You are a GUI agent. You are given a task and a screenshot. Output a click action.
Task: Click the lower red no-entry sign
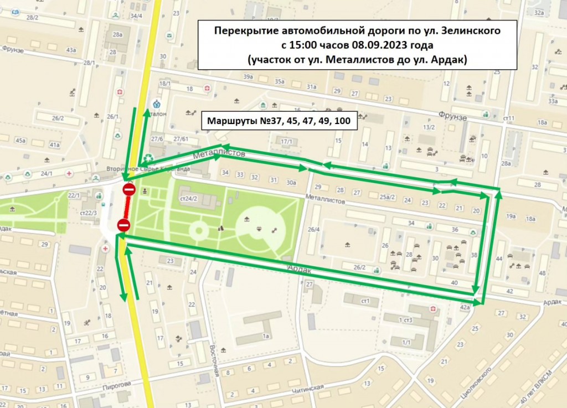[x=123, y=225]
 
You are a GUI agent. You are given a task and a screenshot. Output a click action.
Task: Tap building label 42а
[x=465, y=306]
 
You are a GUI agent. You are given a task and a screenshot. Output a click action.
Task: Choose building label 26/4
[x=314, y=230]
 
